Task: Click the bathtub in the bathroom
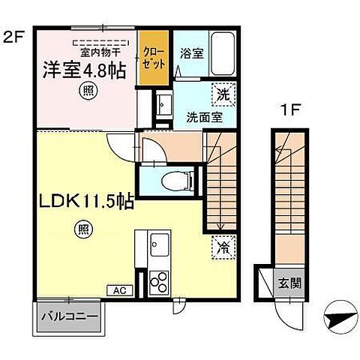pos(222,52)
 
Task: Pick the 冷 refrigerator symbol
pos(223,247)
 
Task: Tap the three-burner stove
pos(159,283)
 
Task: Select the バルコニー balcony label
pos(68,317)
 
